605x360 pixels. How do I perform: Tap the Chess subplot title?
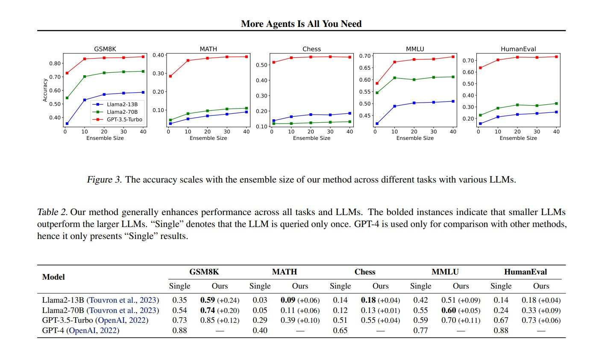(311, 49)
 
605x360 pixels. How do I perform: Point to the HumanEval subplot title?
(518, 49)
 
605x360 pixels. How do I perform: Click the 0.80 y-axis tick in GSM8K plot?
(55, 63)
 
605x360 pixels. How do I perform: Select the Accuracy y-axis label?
(45, 90)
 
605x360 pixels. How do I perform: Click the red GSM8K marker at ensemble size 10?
(85, 59)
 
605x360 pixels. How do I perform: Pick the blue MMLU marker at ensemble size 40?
(453, 101)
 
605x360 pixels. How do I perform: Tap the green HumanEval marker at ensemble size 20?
(517, 105)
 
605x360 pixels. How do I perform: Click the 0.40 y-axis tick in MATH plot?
(159, 55)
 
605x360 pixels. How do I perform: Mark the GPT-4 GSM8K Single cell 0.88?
(180, 330)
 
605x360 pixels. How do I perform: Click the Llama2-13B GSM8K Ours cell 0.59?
(208, 300)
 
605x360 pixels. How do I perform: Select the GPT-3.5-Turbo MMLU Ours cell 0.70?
(449, 320)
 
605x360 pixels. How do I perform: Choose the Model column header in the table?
(53, 277)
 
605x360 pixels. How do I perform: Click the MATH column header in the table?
(284, 272)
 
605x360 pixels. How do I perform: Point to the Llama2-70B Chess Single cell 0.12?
(341, 310)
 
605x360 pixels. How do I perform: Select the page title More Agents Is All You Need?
(301, 24)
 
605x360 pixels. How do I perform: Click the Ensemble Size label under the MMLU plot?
(415, 138)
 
